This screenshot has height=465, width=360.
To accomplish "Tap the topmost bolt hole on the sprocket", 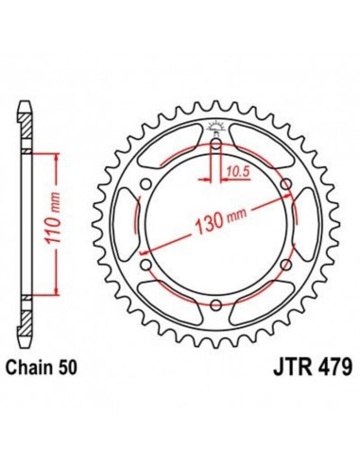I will pyautogui.click(x=216, y=145).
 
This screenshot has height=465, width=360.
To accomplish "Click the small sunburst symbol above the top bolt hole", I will pyautogui.click(x=216, y=129).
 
